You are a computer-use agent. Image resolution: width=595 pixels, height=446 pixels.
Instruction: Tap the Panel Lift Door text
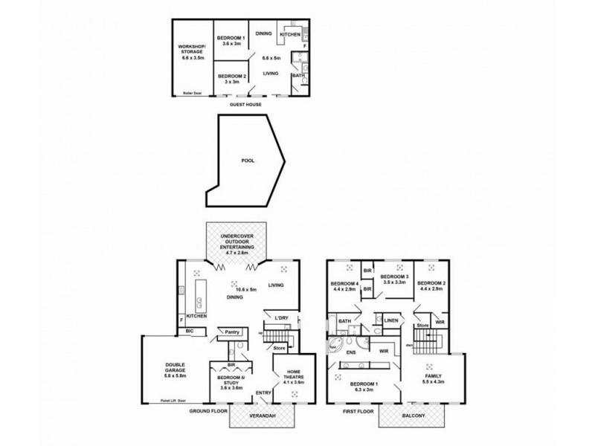coord(172,401)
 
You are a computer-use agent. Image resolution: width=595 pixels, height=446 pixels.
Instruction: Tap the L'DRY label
coord(281,318)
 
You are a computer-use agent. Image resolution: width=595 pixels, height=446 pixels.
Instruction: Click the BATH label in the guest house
coord(297,75)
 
